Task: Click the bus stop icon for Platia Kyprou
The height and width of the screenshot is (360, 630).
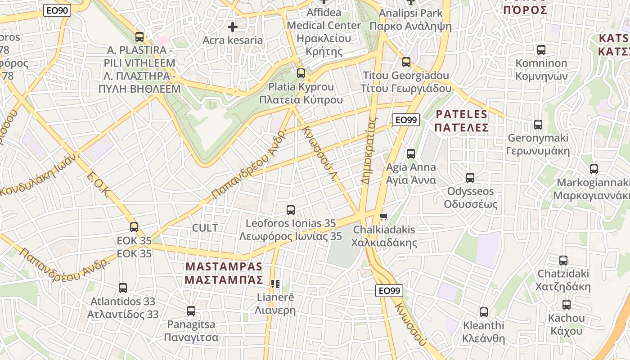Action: [301, 73]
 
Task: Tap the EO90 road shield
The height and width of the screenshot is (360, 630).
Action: [57, 10]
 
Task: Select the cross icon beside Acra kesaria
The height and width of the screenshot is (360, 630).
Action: [232, 27]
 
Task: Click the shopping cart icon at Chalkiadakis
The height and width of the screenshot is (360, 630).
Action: [383, 217]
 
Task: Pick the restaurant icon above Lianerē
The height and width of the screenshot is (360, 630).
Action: [275, 284]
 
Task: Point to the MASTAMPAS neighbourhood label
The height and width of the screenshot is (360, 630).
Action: [224, 273]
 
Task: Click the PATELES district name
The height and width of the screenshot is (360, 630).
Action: [462, 121]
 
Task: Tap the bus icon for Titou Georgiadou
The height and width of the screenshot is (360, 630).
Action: [406, 62]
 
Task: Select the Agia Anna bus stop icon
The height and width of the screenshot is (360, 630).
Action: [411, 154]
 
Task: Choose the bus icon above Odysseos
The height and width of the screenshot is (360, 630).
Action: [470, 178]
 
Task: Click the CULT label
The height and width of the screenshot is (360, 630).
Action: [205, 228]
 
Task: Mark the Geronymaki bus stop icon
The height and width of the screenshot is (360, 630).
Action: [538, 125]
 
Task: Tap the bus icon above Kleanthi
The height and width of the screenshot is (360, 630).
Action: [484, 312]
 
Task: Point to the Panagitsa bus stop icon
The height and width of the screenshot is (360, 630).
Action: [191, 311]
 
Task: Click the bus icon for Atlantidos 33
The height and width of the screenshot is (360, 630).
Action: [123, 288]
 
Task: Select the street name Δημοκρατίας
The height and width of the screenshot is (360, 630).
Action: [368, 150]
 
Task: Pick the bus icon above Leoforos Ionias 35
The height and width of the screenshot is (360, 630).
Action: [291, 210]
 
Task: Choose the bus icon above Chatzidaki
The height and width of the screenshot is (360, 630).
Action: [563, 261]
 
